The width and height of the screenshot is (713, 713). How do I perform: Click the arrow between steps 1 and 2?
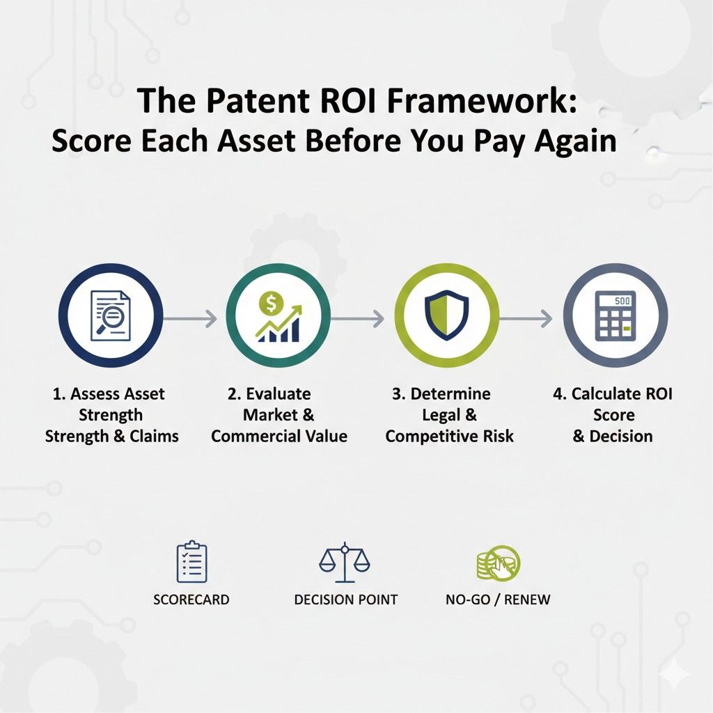point(192,319)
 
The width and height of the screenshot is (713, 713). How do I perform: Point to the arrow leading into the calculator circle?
point(526,319)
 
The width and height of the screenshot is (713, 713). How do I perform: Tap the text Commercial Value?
point(279,437)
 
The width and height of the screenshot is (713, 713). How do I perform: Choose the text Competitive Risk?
point(449,437)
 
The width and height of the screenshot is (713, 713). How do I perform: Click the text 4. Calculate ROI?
point(613,394)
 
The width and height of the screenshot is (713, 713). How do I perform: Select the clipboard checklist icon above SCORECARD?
point(191,563)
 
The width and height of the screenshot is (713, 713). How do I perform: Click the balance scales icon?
point(345,563)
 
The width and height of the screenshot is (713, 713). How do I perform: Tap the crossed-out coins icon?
point(497,563)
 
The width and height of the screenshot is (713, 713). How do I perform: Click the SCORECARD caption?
point(191,600)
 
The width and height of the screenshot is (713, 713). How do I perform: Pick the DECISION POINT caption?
point(345,600)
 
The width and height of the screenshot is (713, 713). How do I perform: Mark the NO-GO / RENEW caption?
point(497,600)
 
